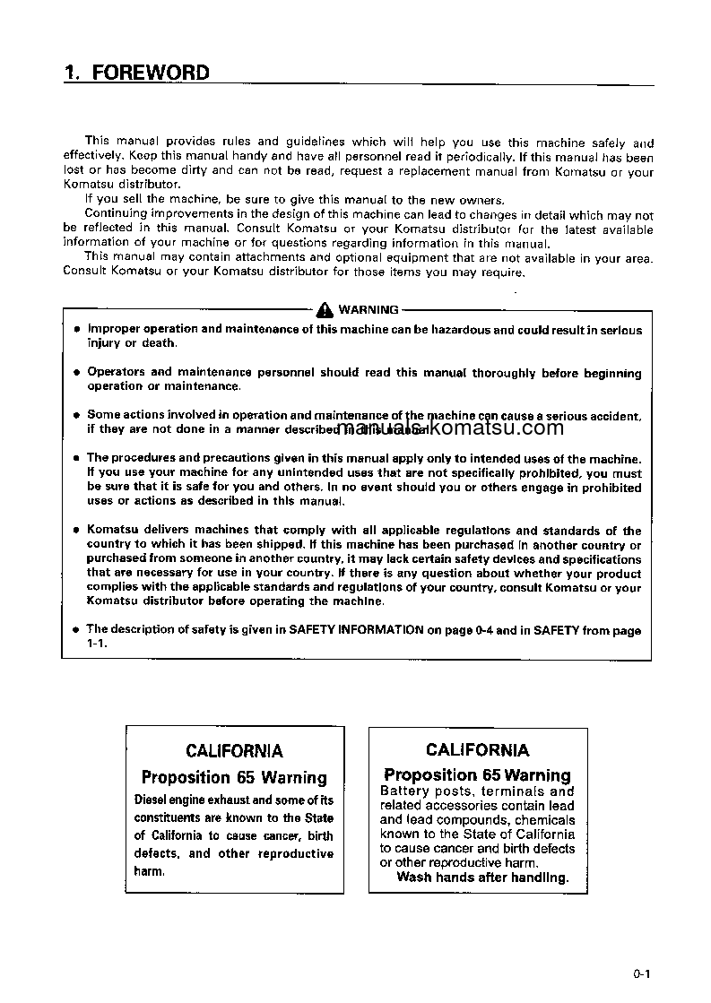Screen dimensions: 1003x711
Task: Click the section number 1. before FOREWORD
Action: click(73, 73)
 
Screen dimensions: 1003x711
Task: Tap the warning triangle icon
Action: click(325, 310)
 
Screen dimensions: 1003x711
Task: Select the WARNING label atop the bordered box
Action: click(369, 310)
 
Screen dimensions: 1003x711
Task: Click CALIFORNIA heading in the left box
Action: click(234, 751)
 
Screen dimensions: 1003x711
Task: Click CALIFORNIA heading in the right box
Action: click(478, 750)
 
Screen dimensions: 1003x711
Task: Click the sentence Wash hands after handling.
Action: click(482, 878)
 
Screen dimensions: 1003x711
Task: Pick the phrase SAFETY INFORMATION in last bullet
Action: click(356, 630)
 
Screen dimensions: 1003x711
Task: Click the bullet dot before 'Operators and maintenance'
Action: click(77, 372)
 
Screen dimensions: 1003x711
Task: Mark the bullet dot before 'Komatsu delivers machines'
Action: click(77, 532)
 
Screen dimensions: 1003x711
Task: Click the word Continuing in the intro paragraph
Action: click(116, 215)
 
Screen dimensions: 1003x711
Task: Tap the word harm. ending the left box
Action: click(150, 871)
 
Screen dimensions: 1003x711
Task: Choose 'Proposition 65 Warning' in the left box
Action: click(234, 777)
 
